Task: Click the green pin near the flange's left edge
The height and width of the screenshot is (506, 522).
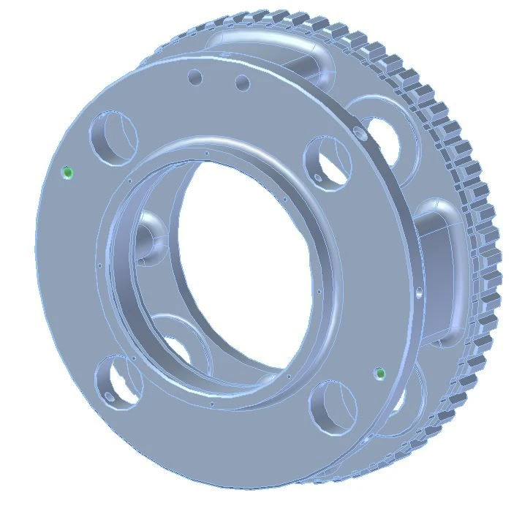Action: click(x=68, y=173)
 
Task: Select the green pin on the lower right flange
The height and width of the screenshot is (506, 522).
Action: click(x=379, y=374)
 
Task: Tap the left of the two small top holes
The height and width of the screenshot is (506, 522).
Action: click(x=195, y=77)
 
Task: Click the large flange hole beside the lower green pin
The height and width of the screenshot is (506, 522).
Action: click(x=335, y=406)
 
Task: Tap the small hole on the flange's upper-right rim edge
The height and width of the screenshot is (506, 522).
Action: click(x=357, y=132)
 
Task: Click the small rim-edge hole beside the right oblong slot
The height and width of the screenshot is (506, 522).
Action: click(x=419, y=293)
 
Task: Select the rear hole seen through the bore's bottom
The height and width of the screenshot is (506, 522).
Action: click(x=183, y=347)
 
